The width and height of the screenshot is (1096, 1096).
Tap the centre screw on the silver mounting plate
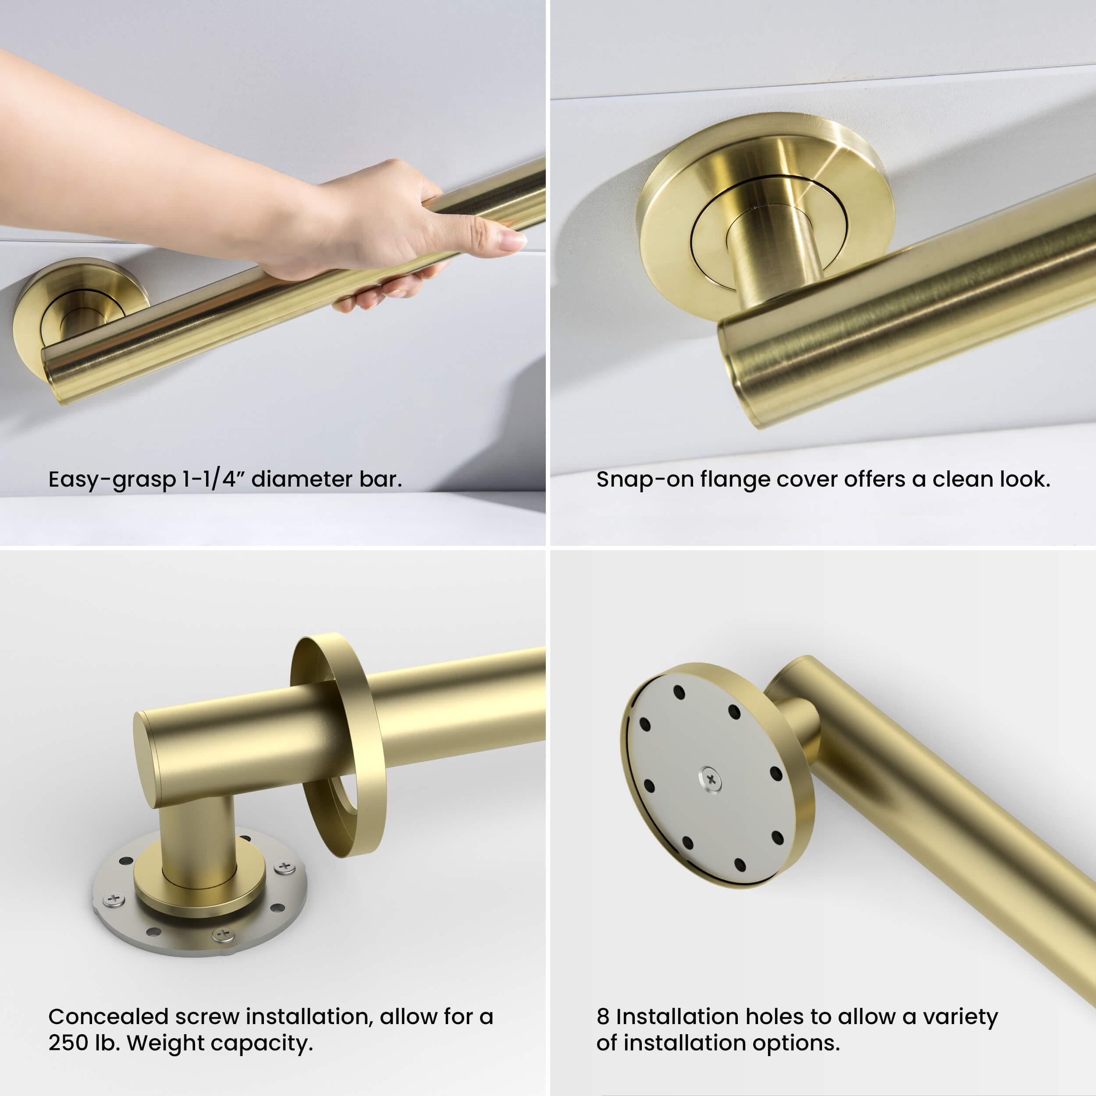pyautogui.click(x=710, y=779)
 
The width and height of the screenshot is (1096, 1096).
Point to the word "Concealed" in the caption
pyautogui.click(x=108, y=1017)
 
